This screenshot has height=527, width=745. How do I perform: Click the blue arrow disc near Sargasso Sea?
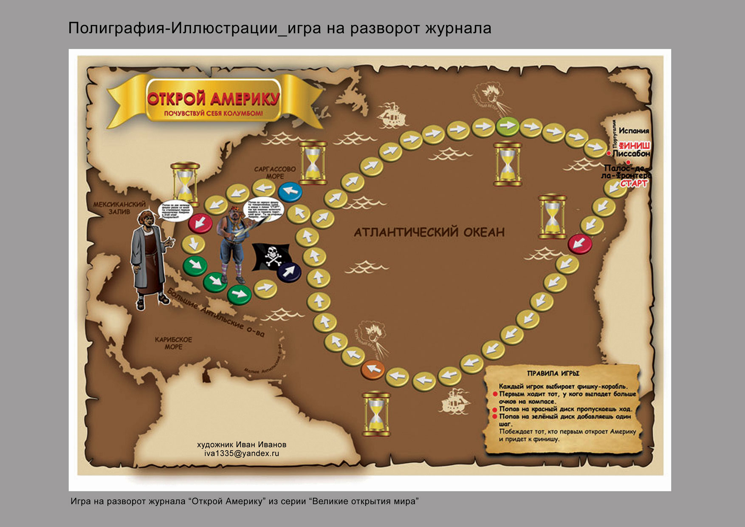[290, 191]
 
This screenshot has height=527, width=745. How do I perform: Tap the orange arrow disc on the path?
[372, 369]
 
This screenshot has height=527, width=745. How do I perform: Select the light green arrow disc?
[508, 125]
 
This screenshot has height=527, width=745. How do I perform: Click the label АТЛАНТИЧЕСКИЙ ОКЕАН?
[429, 232]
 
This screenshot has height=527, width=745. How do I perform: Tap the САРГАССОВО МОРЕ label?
[275, 173]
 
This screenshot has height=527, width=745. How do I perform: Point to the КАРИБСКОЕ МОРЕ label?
[173, 343]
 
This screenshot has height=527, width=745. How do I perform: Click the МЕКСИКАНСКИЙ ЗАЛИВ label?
[119, 208]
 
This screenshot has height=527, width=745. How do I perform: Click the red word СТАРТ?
[634, 184]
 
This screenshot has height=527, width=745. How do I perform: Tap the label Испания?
[634, 131]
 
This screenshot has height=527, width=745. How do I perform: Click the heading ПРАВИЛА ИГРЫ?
[553, 374]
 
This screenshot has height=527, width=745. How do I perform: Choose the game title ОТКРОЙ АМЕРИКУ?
[213, 99]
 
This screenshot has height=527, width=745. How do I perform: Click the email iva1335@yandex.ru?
[242, 453]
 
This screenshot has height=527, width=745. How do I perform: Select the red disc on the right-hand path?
[580, 244]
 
